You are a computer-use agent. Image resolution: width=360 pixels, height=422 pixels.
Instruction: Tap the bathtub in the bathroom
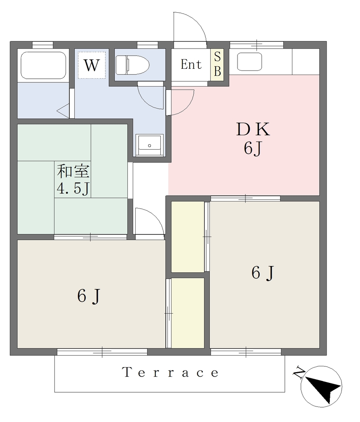(43, 66)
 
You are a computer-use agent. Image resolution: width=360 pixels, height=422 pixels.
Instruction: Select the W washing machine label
(92, 65)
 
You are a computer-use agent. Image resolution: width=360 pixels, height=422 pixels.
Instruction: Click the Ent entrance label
(191, 65)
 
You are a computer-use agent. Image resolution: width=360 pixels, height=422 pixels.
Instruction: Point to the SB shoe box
(217, 64)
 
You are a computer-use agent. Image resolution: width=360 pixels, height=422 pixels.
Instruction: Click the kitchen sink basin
(249, 62)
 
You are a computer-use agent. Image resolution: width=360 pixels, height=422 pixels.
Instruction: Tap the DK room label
(253, 129)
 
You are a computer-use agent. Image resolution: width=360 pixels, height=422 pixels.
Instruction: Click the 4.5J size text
(73, 189)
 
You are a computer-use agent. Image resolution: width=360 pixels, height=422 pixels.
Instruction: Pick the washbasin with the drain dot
(149, 145)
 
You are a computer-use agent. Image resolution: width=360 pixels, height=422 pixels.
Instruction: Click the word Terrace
(170, 373)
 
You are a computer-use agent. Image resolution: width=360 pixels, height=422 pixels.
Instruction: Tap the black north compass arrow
(323, 389)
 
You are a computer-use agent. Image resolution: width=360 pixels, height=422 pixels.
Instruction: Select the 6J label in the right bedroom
(263, 273)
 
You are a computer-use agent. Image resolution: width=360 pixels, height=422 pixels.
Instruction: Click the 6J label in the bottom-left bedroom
(89, 296)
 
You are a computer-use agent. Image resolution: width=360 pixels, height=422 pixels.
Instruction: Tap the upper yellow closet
(188, 237)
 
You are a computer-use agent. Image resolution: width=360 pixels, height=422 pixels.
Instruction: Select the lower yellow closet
(188, 313)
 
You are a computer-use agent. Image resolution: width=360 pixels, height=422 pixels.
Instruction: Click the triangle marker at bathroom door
(63, 110)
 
